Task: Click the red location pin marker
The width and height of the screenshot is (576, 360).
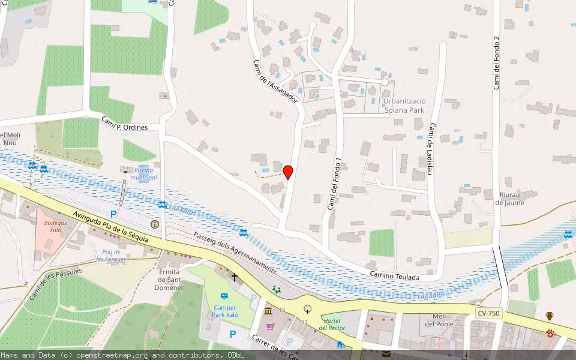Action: (x=288, y=172)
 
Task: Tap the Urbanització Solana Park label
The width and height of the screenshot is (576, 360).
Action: (x=404, y=106)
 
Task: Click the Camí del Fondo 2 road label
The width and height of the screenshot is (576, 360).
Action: (x=496, y=63)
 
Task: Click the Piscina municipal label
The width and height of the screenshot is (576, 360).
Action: (x=143, y=173)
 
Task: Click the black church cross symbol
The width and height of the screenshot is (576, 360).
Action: (x=234, y=277)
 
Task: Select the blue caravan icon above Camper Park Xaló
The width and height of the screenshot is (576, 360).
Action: (x=224, y=296)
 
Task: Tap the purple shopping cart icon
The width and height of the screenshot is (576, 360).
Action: (x=271, y=326)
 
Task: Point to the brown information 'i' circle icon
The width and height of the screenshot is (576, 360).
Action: (x=155, y=224)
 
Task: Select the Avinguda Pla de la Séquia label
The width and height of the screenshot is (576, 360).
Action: (x=110, y=226)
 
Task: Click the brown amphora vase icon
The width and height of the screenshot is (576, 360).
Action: (x=549, y=316)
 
